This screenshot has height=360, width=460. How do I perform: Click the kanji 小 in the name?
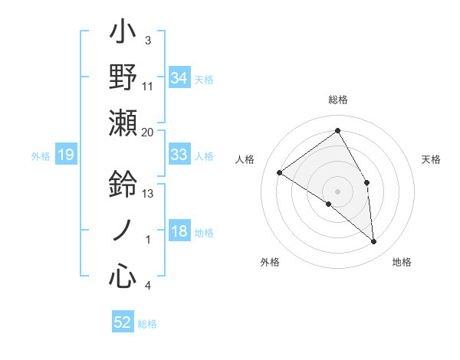tap(123, 34)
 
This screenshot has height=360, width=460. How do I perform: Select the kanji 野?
tap(123, 77)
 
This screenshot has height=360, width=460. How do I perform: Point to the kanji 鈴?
tap(123, 185)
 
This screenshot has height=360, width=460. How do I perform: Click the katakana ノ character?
tap(123, 229)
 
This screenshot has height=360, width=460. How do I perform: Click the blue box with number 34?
tap(179, 77)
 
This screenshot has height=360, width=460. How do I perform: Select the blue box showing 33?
tap(179, 155)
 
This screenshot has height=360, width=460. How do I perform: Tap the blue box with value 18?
tap(179, 232)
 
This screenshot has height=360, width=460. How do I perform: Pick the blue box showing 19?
tap(65, 155)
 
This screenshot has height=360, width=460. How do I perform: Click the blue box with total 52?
tap(123, 322)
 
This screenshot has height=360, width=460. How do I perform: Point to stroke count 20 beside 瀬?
tap(148, 132)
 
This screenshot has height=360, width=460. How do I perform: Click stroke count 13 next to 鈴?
tap(148, 193)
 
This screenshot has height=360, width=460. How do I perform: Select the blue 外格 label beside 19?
tap(41, 156)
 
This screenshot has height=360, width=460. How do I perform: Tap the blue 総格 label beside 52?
tap(147, 324)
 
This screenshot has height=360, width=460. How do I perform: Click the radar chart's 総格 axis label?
tap(337, 100)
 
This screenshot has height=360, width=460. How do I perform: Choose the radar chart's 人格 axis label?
tap(245, 159)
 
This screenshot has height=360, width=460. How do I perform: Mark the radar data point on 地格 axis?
tap(374, 242)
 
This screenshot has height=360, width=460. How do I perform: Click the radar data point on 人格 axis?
tap(279, 172)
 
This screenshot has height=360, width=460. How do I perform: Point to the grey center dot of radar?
tap(337, 191)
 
